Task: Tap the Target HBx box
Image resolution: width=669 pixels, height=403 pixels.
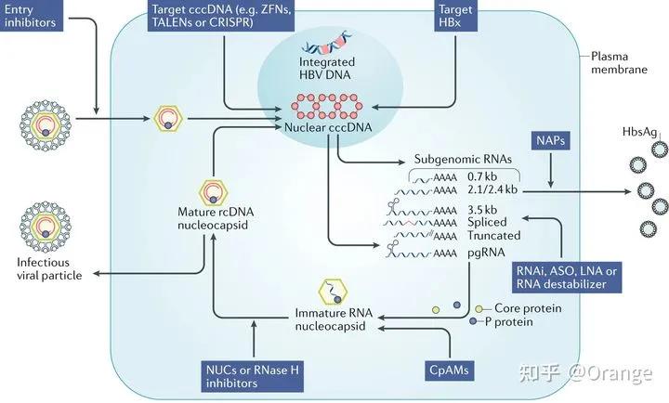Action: (x=457, y=15)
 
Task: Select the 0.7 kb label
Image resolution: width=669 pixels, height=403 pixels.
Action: (x=490, y=175)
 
